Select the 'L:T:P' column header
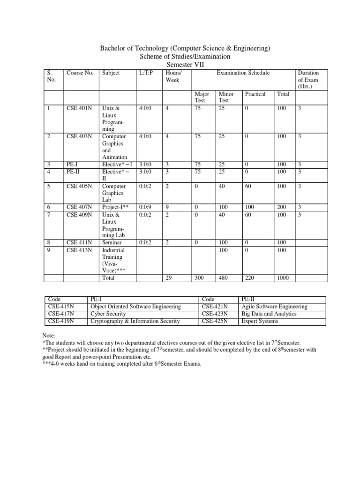(146, 73)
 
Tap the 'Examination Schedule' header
(243, 73)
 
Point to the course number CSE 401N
(79, 108)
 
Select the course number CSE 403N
(79, 136)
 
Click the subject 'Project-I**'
(115, 207)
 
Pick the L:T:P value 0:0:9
(145, 207)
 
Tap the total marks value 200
(283, 207)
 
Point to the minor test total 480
(224, 278)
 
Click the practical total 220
(250, 278)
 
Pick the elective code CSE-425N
(214, 321)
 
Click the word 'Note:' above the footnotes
(49, 336)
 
